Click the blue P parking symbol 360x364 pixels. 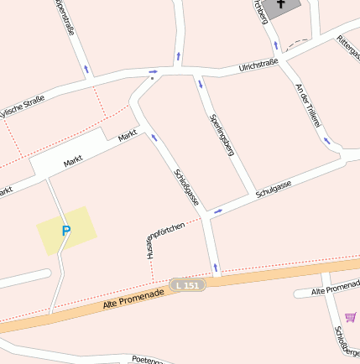click(66, 230)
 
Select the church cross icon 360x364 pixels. click(280, 4)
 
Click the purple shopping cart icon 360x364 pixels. click(350, 317)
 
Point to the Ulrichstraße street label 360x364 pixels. click(258, 65)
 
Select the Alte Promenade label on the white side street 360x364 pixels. click(335, 289)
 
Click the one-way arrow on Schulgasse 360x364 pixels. click(217, 211)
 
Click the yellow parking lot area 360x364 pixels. click(65, 229)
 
